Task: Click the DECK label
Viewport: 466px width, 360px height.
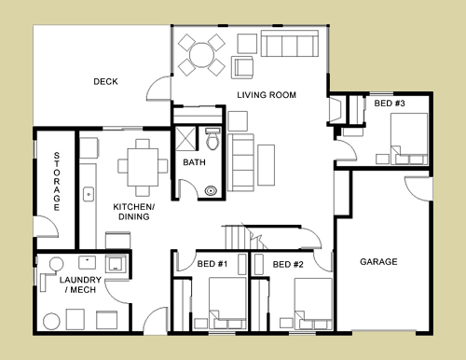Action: click(x=105, y=81)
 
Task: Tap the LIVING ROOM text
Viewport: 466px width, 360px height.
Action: click(x=267, y=95)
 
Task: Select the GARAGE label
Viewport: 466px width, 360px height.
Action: click(x=378, y=262)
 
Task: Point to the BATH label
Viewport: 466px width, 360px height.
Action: click(x=194, y=162)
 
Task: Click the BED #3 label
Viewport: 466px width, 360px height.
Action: click(x=390, y=104)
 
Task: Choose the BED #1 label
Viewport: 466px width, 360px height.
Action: click(x=212, y=264)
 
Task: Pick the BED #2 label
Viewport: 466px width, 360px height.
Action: click(x=288, y=265)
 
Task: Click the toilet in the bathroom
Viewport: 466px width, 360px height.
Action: click(x=212, y=139)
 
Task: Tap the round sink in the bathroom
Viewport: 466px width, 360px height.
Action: click(x=211, y=190)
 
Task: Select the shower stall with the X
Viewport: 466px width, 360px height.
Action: click(x=185, y=139)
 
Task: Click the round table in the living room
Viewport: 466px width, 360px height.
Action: click(x=201, y=55)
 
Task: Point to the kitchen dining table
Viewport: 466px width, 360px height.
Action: click(x=143, y=167)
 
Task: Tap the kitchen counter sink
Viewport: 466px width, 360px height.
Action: click(x=89, y=195)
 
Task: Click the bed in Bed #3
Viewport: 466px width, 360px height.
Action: click(x=409, y=139)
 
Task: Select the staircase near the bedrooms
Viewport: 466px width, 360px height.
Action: click(x=244, y=237)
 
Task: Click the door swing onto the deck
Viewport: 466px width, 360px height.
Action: click(x=158, y=88)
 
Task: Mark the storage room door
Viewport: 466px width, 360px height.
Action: click(x=46, y=227)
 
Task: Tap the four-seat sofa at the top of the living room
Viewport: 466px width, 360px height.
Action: click(x=290, y=43)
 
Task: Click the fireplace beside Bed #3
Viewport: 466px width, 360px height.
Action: click(x=336, y=110)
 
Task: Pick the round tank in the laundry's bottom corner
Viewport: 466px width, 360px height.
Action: click(x=51, y=322)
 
